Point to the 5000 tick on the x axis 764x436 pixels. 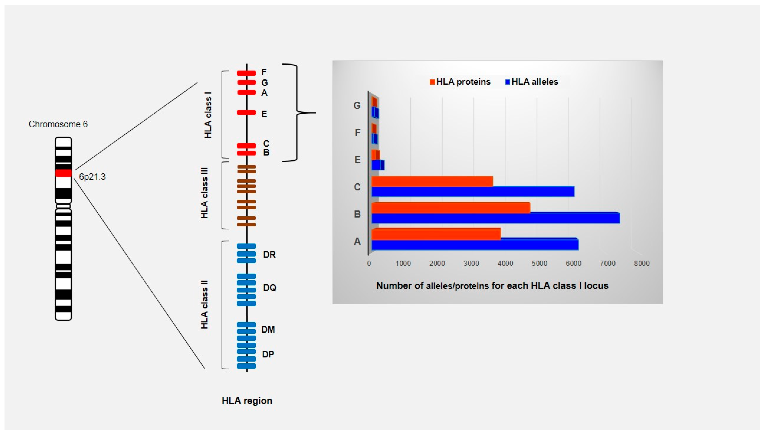click(x=539, y=264)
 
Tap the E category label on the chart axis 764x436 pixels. click(x=357, y=160)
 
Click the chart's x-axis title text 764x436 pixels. click(x=492, y=286)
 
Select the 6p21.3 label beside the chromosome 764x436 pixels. click(x=92, y=177)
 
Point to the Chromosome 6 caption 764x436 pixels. click(x=58, y=124)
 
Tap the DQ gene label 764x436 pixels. click(x=270, y=288)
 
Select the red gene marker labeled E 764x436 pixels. click(x=246, y=113)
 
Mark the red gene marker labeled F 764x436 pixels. click(x=246, y=73)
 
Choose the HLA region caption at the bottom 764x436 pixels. click(x=247, y=401)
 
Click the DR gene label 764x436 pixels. click(x=269, y=255)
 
